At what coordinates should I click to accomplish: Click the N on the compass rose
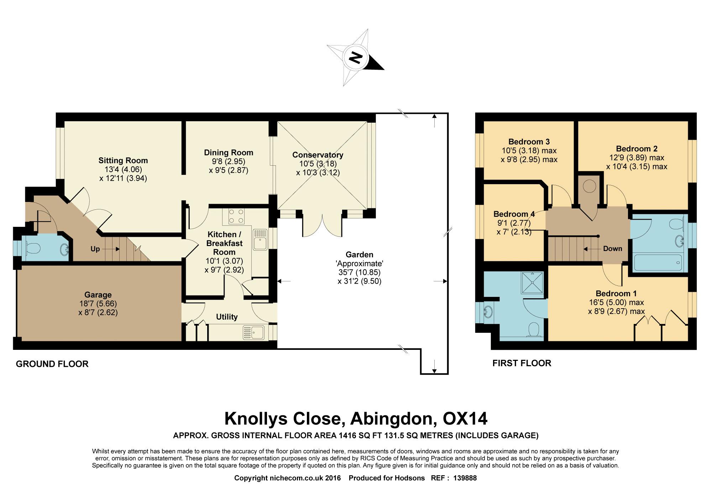pyautogui.click(x=355, y=58)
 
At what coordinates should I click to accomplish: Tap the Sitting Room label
pyautogui.click(x=123, y=160)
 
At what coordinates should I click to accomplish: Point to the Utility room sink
pyautogui.click(x=253, y=332)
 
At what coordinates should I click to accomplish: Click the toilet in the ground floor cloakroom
pyautogui.click(x=32, y=248)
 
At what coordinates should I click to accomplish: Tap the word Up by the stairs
pyautogui.click(x=95, y=249)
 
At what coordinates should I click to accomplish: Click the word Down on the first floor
pyautogui.click(x=613, y=249)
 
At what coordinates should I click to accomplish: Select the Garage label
pyautogui.click(x=98, y=295)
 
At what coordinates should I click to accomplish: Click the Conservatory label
pyautogui.click(x=318, y=155)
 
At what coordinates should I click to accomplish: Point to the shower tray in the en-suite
pyautogui.click(x=533, y=283)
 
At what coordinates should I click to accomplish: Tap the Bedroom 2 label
pyautogui.click(x=637, y=149)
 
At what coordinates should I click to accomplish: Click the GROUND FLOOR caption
pyautogui.click(x=52, y=364)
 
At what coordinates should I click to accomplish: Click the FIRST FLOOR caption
pyautogui.click(x=522, y=363)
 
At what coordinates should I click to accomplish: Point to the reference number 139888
pyautogui.click(x=465, y=478)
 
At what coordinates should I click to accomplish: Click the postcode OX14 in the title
pyautogui.click(x=465, y=419)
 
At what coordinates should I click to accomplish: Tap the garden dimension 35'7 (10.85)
pyautogui.click(x=360, y=272)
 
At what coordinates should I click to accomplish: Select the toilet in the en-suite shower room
pyautogui.click(x=534, y=330)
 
